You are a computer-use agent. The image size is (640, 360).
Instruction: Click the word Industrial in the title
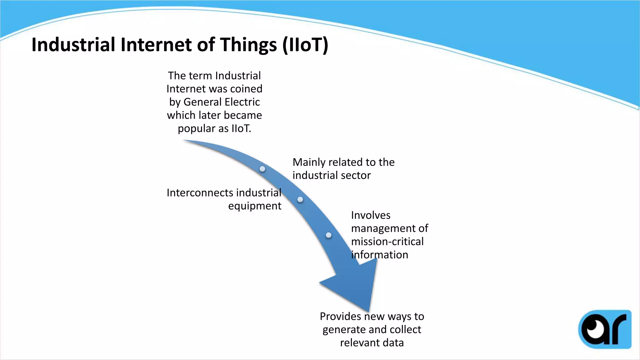[73, 45]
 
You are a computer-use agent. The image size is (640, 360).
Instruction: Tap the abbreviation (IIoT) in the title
[305, 45]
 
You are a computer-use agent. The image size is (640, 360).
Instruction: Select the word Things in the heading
[248, 45]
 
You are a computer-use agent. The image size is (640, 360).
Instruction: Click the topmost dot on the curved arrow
[262, 169]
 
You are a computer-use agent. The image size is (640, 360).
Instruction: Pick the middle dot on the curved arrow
[300, 199]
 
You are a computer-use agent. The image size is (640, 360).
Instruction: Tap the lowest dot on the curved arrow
[328, 235]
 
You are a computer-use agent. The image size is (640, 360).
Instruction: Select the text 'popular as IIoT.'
[214, 128]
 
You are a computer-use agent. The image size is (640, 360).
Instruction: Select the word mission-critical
[387, 242]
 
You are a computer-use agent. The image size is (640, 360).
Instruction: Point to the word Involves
[371, 215]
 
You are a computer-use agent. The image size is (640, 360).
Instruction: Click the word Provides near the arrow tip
[340, 317]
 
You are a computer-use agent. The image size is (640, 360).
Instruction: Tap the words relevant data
[372, 343]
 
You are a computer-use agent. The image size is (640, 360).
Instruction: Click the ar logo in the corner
[605, 329]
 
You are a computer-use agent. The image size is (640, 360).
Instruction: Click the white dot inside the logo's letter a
[591, 328]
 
